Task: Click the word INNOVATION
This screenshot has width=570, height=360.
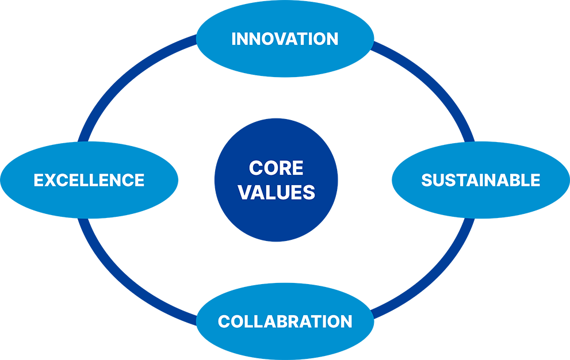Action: [285, 39]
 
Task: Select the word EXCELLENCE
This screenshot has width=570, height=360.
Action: [89, 180]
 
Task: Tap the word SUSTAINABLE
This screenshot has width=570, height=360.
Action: [481, 180]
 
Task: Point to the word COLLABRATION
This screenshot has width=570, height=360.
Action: [285, 321]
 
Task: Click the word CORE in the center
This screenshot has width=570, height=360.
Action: [276, 168]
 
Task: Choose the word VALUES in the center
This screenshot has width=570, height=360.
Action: [277, 192]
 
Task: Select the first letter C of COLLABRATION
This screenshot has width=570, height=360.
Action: [224, 321]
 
